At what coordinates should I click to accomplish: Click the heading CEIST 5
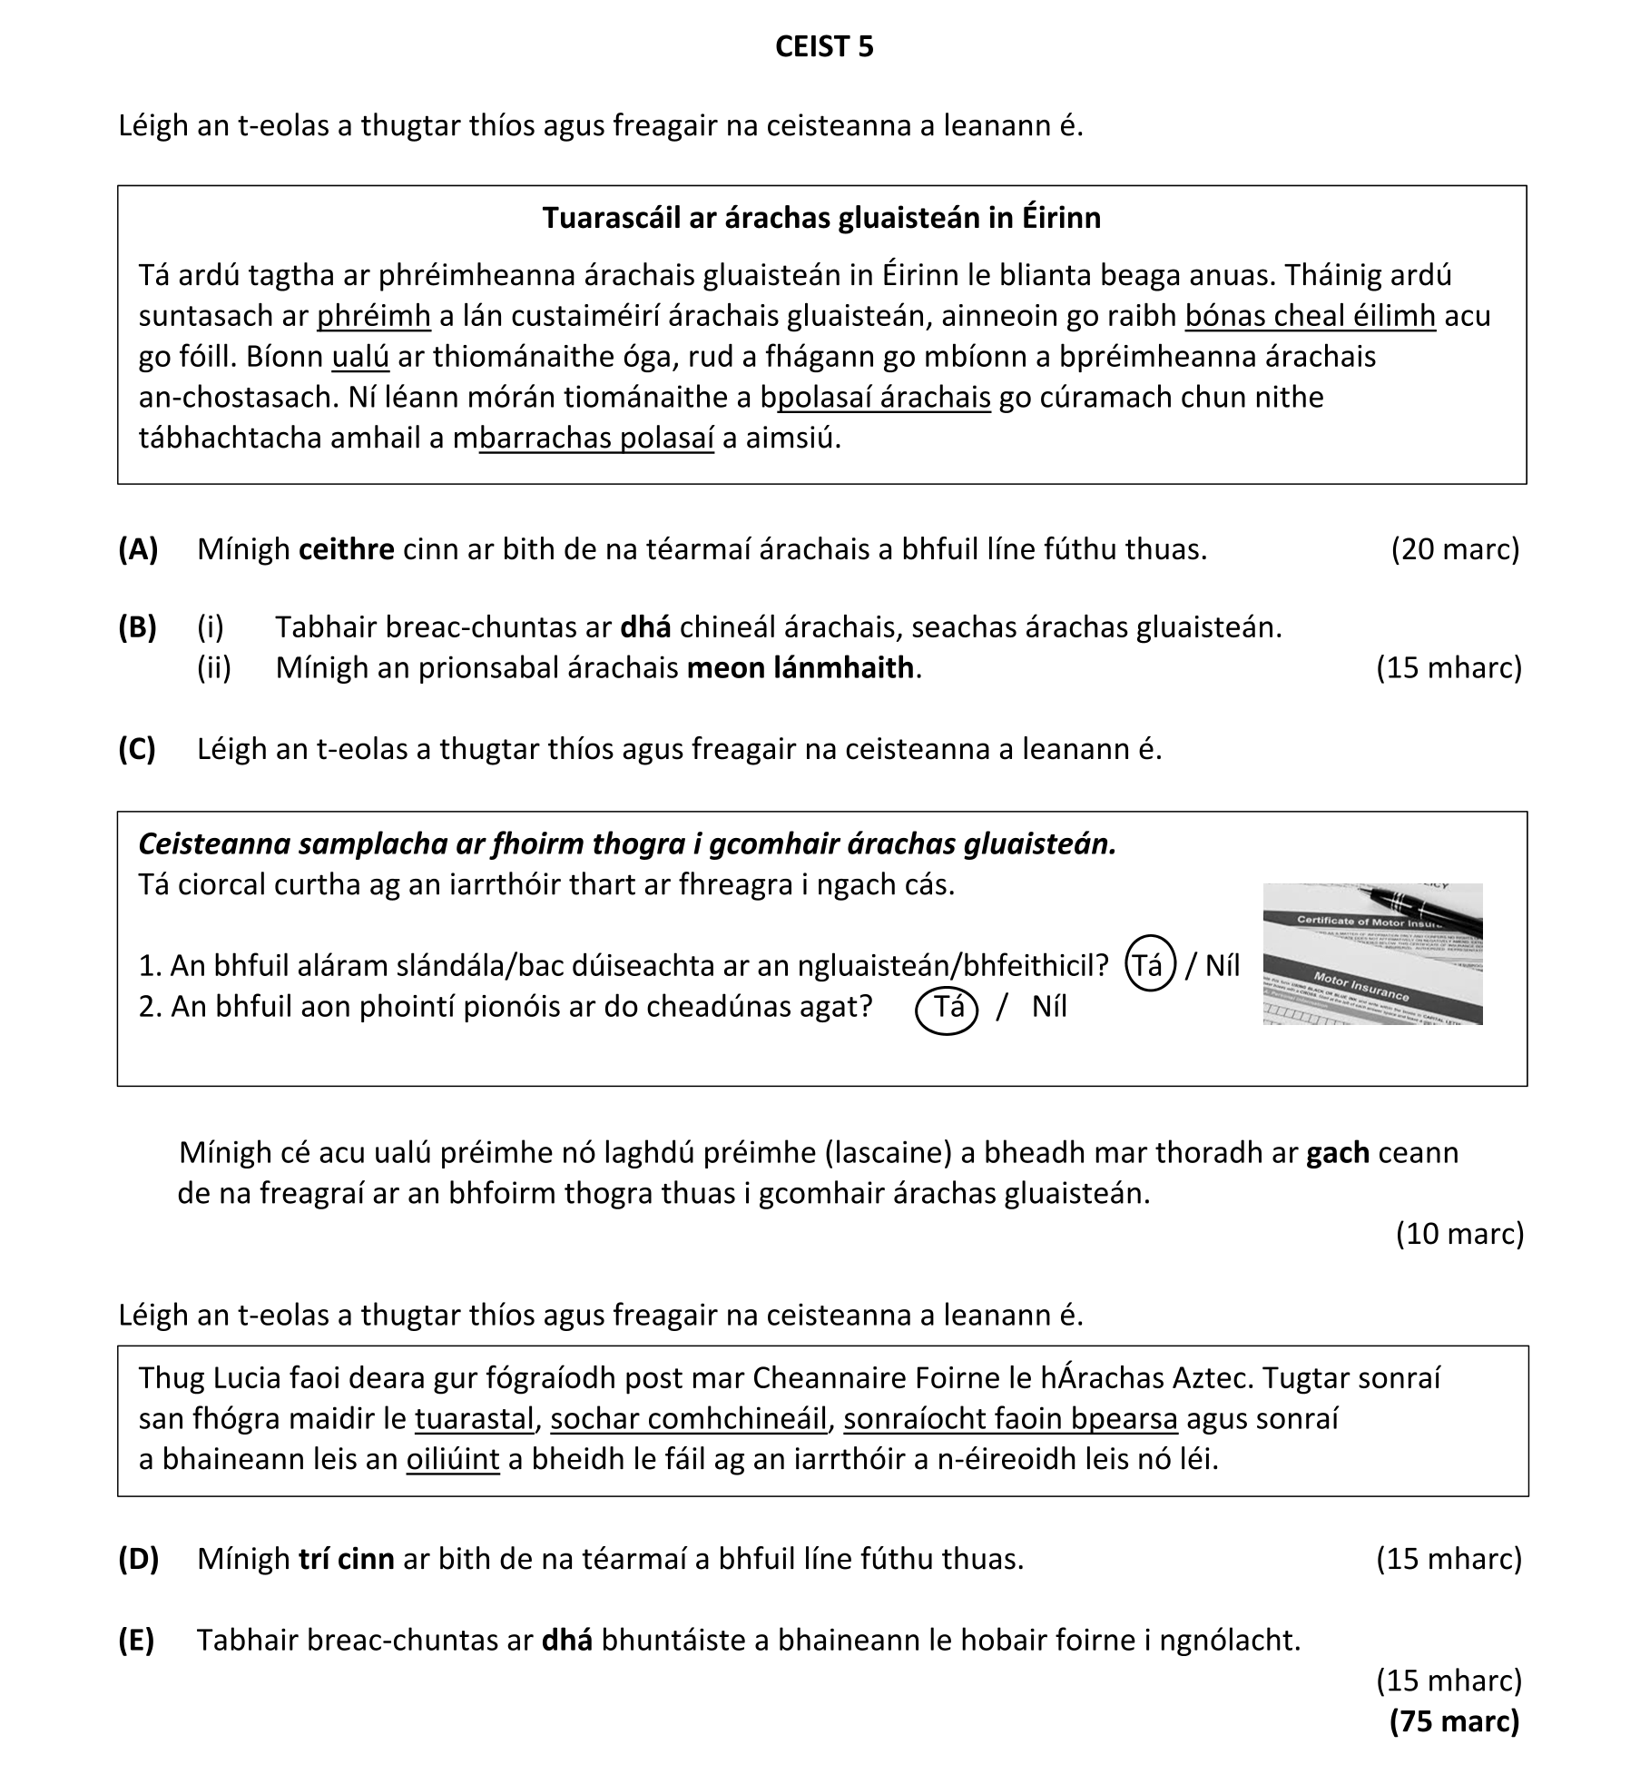(824, 47)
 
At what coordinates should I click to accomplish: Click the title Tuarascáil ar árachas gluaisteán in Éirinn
(821, 218)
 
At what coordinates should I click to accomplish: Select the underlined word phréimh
(373, 316)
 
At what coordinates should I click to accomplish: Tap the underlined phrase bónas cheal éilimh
(1310, 316)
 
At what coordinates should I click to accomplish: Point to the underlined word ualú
(360, 357)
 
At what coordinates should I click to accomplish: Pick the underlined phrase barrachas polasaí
(596, 439)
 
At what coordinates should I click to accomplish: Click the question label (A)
(138, 549)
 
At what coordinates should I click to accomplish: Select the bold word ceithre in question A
(346, 549)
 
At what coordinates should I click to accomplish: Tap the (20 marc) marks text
(1454, 549)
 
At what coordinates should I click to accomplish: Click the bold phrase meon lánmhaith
(800, 667)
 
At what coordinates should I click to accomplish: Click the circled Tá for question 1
(1150, 965)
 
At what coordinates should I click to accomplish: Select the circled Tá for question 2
(948, 1008)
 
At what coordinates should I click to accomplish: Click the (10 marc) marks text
(1458, 1233)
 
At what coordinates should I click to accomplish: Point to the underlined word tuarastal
(476, 1418)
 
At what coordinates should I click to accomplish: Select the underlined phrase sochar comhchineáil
(689, 1418)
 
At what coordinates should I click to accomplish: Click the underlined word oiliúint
(452, 1459)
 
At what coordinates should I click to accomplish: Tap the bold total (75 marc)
(1454, 1721)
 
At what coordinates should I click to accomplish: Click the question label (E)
(136, 1640)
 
